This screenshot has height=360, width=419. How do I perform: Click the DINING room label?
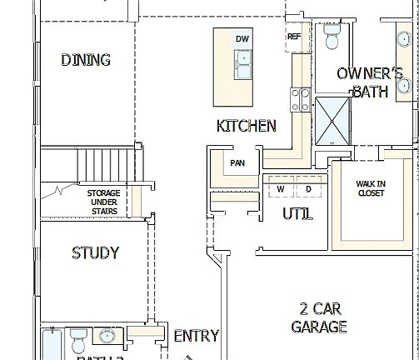pos(86,60)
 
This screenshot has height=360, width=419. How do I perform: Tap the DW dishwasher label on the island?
pos(242,39)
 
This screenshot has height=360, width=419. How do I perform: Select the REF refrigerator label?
pos(294,37)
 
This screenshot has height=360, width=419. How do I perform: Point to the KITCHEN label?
pos(246,126)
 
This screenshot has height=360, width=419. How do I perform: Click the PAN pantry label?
pos(237,163)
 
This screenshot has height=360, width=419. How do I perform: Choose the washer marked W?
pos(281,189)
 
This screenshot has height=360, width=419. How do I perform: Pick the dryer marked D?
pos(308,189)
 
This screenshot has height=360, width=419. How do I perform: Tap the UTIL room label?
pos(297,213)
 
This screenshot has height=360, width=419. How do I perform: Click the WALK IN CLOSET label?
pos(371,188)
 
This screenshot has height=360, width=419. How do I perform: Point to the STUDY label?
pos(95,252)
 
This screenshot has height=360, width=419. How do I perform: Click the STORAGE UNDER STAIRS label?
pos(104,202)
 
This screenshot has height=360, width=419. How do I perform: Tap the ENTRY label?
pos(196,336)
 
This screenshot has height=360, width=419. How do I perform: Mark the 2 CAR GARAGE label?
pos(319,317)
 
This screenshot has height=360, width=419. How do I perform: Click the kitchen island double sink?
pos(243,63)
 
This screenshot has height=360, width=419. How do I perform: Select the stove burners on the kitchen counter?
pos(297,101)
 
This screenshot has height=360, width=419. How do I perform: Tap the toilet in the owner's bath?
pos(332,38)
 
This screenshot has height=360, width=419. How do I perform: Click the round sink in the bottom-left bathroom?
pos(107,337)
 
